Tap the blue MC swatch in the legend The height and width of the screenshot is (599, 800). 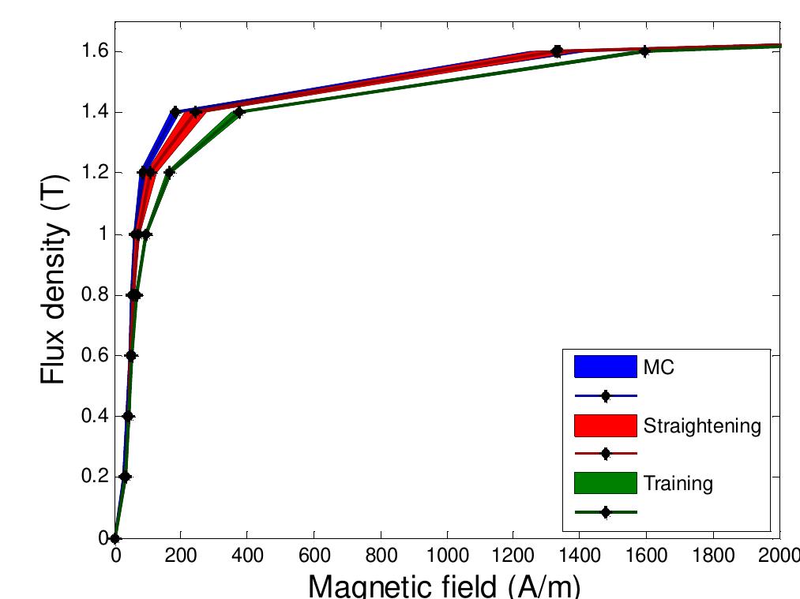tap(605, 367)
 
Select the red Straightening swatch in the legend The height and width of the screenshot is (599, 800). tap(605, 425)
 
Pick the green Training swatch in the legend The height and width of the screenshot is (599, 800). tap(605, 483)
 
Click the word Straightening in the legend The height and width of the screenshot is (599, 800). tap(702, 426)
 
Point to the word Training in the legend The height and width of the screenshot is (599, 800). tap(678, 484)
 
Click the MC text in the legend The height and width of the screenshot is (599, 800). tap(659, 368)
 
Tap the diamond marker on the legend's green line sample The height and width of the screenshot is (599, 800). tap(606, 512)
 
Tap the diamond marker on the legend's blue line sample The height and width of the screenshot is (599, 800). tap(606, 396)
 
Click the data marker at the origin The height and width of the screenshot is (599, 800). tap(115, 538)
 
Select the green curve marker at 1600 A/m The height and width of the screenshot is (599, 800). tap(645, 51)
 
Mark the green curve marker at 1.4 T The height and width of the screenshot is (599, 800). tap(239, 112)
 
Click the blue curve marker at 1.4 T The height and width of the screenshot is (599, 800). tap(175, 112)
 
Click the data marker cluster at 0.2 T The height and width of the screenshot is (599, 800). tap(125, 477)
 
